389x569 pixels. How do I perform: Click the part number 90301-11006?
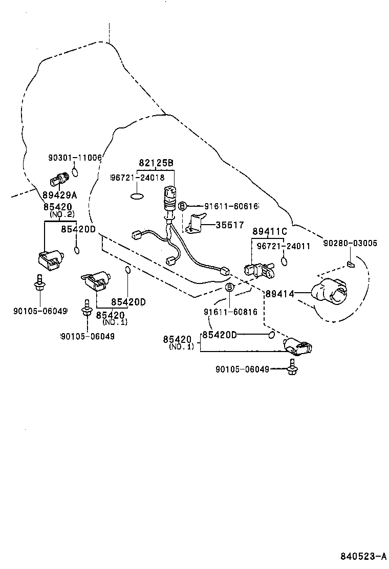(x=75, y=159)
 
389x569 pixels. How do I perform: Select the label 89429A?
(x=59, y=194)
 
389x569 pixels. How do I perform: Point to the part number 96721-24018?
(x=138, y=178)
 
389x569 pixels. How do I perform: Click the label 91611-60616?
(x=231, y=206)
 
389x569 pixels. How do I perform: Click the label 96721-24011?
(x=284, y=246)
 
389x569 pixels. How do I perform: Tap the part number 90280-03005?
(x=350, y=244)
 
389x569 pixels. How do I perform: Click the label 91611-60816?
(x=230, y=312)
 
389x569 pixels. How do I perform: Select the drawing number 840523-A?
(x=363, y=555)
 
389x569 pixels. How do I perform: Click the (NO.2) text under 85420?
(x=62, y=213)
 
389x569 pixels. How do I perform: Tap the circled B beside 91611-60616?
(x=182, y=206)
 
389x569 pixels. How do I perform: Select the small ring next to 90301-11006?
(x=75, y=171)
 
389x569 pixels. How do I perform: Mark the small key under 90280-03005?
(x=351, y=264)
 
